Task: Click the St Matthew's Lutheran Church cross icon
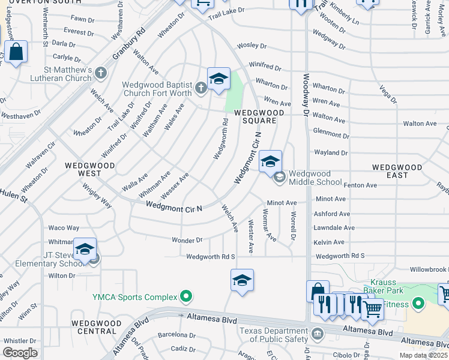101,73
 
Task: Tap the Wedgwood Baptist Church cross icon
200,88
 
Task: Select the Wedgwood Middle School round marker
279,177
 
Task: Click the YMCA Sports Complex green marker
186,296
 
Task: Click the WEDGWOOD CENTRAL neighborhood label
93,327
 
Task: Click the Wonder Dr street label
187,240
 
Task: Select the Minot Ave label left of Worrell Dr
282,203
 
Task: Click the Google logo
20,352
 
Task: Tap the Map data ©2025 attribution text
423,355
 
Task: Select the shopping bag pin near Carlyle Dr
16,52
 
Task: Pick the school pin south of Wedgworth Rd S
242,280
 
